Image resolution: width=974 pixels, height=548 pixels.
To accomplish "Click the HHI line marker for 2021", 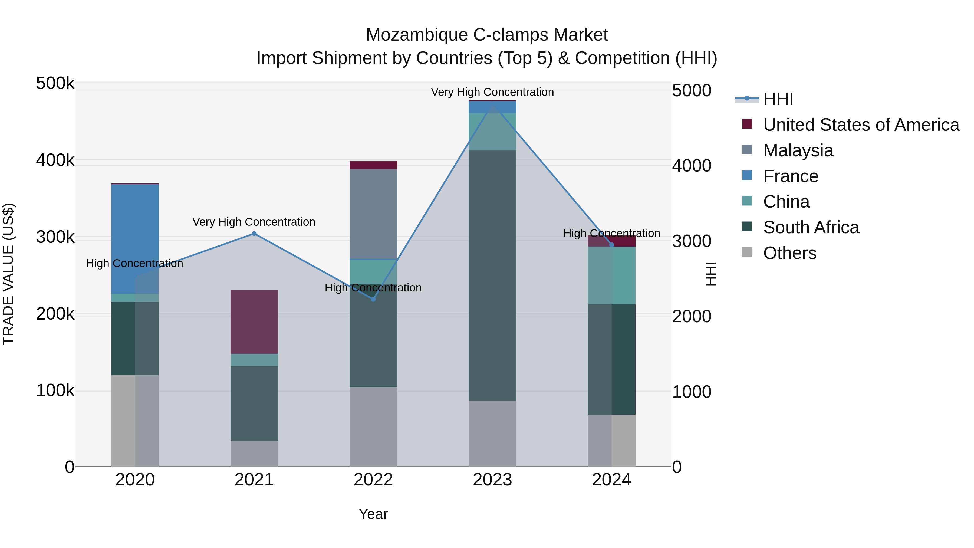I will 254,234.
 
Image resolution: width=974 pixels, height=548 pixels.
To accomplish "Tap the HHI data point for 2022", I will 373,299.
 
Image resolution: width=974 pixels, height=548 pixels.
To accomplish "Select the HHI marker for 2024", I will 612,245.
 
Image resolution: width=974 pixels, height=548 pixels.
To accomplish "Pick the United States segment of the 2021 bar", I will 254,322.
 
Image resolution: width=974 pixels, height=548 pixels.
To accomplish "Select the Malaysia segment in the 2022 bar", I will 373,214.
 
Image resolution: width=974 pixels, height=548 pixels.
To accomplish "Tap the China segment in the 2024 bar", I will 612,275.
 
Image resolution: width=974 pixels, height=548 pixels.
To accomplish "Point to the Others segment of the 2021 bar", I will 254,454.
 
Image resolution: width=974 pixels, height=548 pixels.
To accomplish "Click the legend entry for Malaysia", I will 798,150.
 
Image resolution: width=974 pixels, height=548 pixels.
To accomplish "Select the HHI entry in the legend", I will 778,99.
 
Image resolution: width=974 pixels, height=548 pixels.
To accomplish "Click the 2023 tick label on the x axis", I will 492,480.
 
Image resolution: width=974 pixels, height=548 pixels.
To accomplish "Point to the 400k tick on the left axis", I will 55,160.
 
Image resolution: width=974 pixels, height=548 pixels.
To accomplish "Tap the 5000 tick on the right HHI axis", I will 692,90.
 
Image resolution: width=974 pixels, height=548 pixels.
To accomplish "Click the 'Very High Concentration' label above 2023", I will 492,92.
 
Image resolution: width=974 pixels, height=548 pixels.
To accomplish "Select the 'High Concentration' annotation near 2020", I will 135,263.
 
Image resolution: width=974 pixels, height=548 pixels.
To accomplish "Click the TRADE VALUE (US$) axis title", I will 8,274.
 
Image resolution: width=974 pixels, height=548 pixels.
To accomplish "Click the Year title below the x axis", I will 373,514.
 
